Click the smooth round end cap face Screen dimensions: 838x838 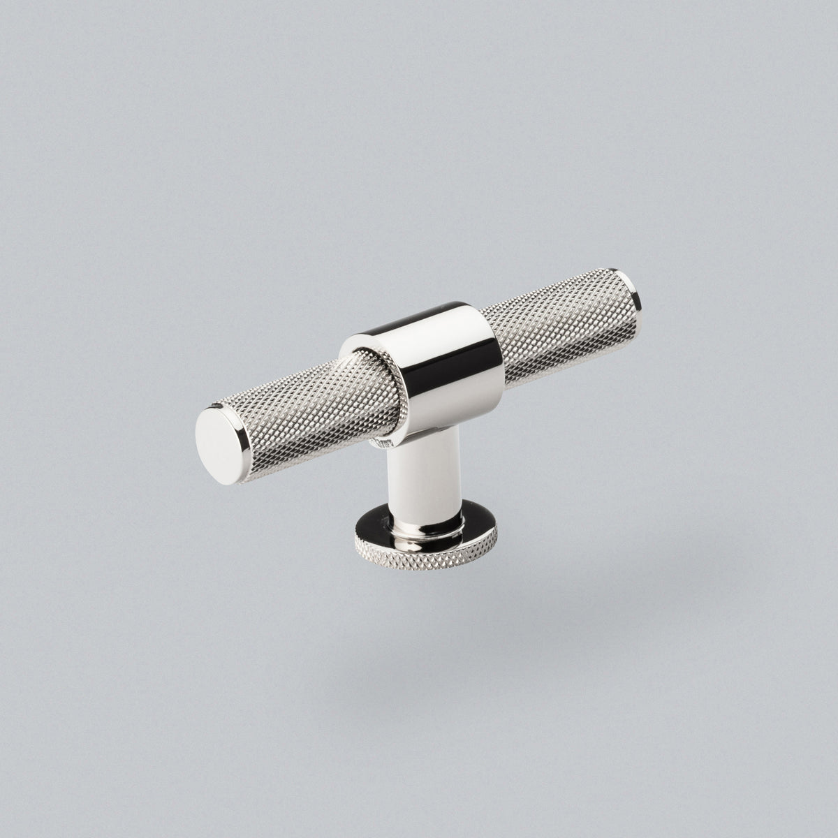tap(217, 435)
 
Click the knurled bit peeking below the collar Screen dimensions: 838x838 tap(381, 441)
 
